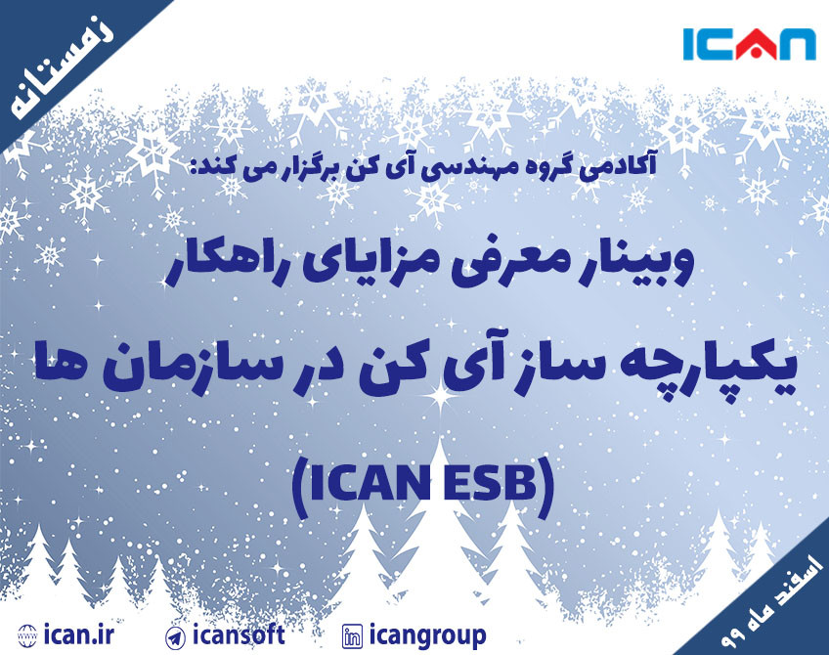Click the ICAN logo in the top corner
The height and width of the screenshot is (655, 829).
(x=749, y=45)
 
